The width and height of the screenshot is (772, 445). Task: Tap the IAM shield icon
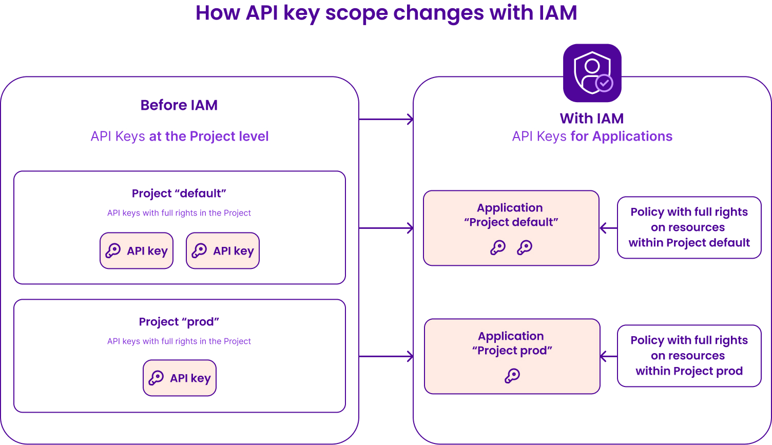pyautogui.click(x=592, y=73)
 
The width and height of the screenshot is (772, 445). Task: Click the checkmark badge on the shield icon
pyautogui.click(x=604, y=83)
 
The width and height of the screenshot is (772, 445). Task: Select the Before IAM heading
pyautogui.click(x=179, y=105)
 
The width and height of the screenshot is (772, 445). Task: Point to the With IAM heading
pyautogui.click(x=592, y=119)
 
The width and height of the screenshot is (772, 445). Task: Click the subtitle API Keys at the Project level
pyautogui.click(x=180, y=137)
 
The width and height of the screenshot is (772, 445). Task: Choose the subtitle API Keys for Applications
pyautogui.click(x=592, y=137)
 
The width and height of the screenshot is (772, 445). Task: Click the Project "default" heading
pyautogui.click(x=179, y=194)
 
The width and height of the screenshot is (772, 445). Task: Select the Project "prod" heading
pyautogui.click(x=179, y=322)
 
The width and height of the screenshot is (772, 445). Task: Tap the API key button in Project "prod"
pyautogui.click(x=180, y=378)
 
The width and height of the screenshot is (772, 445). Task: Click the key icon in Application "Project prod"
pyautogui.click(x=512, y=376)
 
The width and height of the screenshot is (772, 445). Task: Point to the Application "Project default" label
pyautogui.click(x=511, y=215)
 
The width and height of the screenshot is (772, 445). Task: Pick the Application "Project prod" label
pyautogui.click(x=512, y=343)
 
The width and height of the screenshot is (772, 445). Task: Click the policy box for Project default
pyautogui.click(x=689, y=227)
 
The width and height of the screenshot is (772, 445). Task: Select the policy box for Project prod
pyautogui.click(x=689, y=356)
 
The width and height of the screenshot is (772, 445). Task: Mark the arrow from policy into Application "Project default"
pyautogui.click(x=608, y=228)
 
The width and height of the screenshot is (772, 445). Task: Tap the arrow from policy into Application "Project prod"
pyautogui.click(x=609, y=356)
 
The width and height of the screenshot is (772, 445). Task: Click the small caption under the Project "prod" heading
pyautogui.click(x=179, y=341)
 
